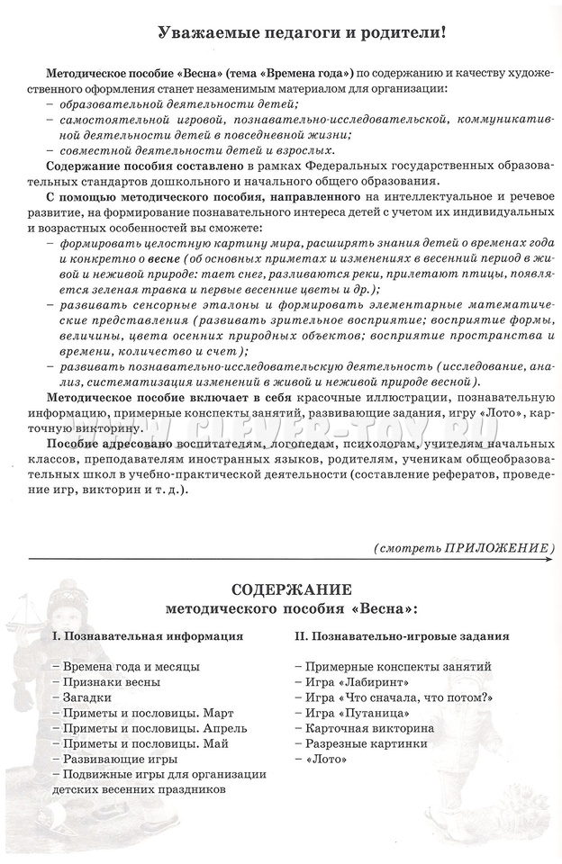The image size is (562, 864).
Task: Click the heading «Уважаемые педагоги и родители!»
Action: click(x=290, y=32)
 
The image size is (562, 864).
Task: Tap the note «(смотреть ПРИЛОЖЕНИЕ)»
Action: click(x=465, y=547)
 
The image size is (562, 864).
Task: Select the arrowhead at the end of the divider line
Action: click(x=549, y=561)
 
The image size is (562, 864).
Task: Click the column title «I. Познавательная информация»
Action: click(x=148, y=635)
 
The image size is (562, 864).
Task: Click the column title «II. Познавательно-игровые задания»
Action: click(x=402, y=635)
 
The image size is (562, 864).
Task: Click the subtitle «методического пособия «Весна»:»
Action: click(x=292, y=608)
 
